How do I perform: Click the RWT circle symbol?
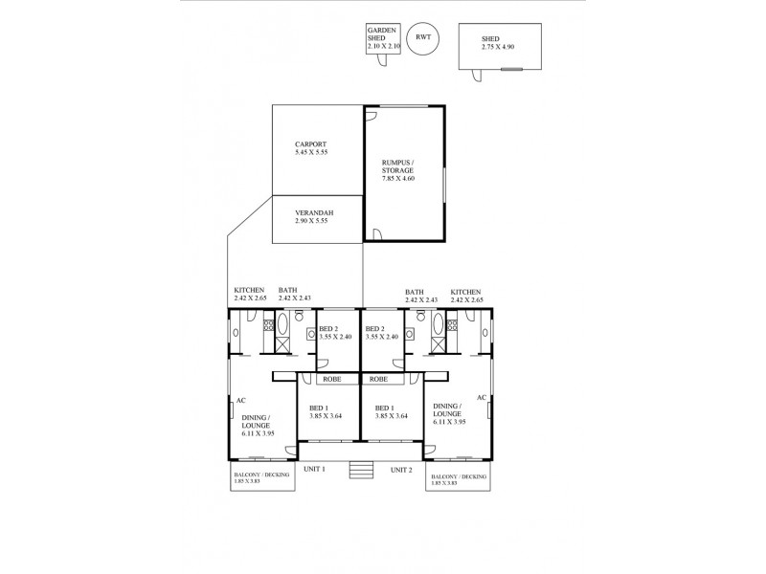[420, 38]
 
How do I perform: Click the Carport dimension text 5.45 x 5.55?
[311, 152]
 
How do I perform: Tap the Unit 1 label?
[315, 470]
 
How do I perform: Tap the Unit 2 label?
[401, 470]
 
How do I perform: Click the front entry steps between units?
[360, 471]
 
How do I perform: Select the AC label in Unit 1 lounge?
[241, 401]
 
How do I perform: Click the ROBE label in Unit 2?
[378, 379]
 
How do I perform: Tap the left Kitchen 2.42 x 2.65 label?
[249, 295]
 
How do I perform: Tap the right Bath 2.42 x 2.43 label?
[421, 295]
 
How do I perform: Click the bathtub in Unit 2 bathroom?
[438, 329]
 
